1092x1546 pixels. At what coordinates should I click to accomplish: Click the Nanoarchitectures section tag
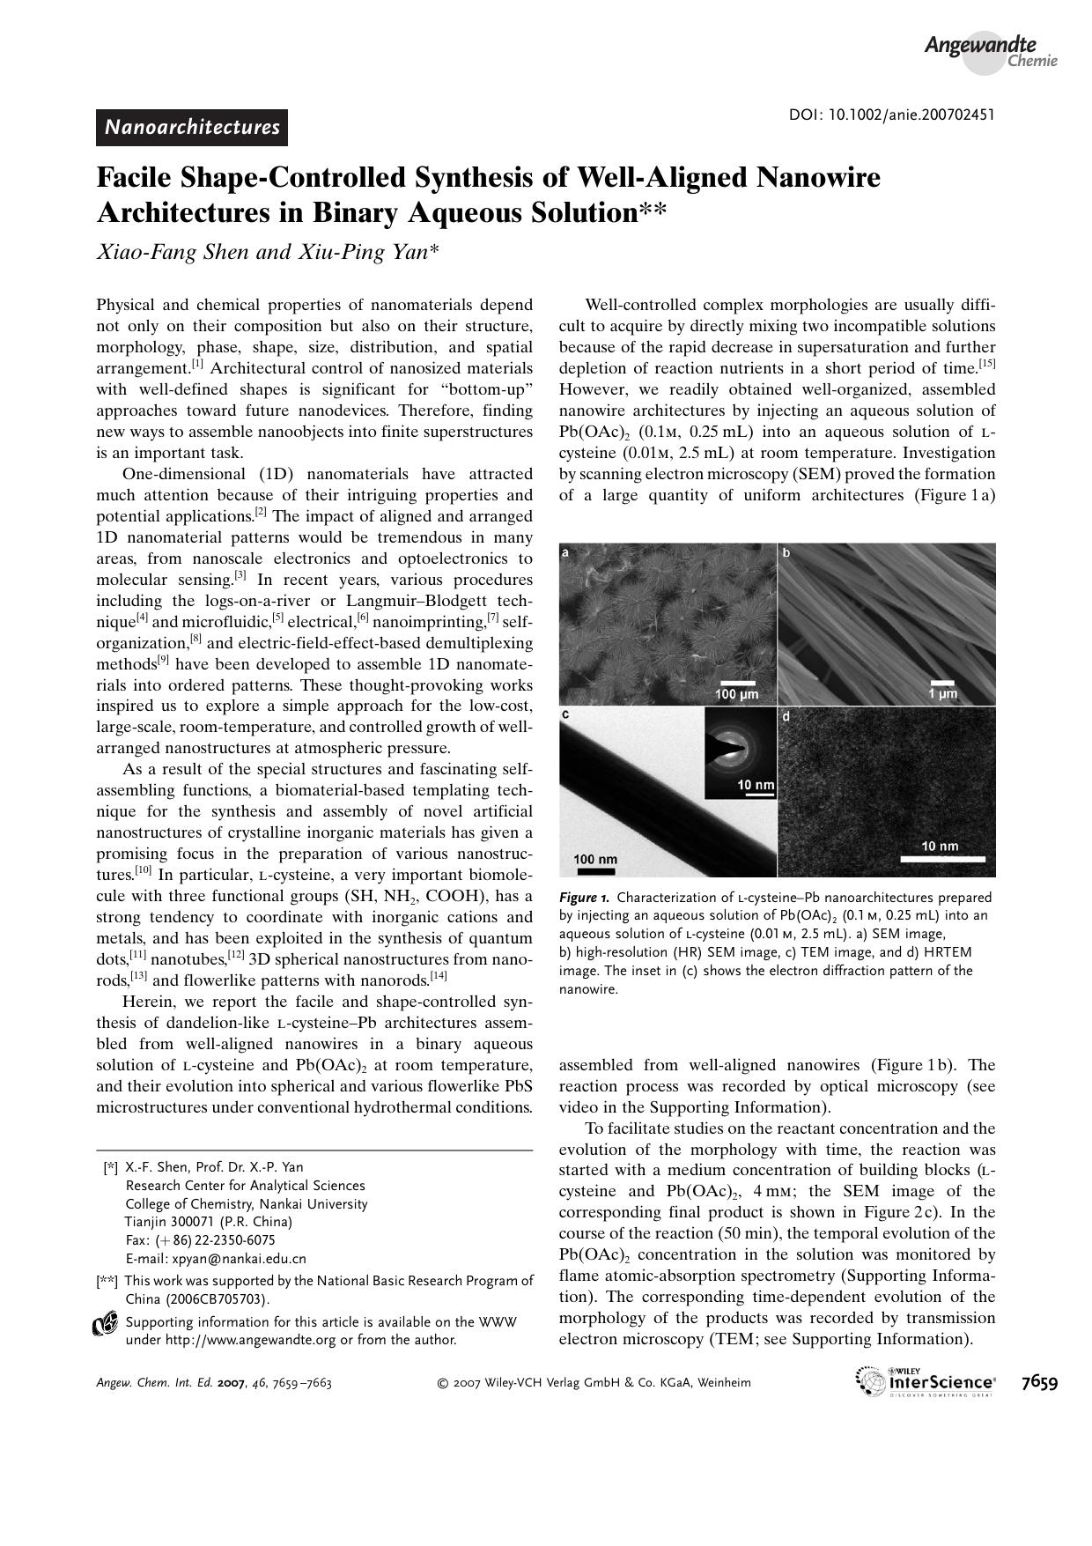pyautogui.click(x=192, y=128)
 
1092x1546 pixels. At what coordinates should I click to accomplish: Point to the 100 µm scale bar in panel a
pyautogui.click(x=736, y=683)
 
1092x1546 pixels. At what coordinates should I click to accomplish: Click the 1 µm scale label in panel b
pyautogui.click(x=942, y=694)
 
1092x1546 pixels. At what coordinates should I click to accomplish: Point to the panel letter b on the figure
pyautogui.click(x=786, y=553)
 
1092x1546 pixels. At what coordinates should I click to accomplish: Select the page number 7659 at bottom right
pyautogui.click(x=1039, y=1382)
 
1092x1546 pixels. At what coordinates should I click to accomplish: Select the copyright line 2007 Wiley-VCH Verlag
pyautogui.click(x=594, y=1383)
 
